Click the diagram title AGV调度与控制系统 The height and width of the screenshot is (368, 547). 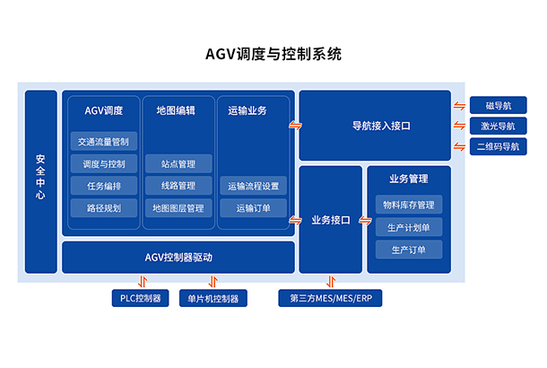(x=273, y=54)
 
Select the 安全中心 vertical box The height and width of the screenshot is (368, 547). (x=40, y=181)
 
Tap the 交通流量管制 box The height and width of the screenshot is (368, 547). (x=104, y=141)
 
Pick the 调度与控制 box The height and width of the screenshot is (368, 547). (x=104, y=163)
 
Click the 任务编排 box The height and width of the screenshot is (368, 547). (x=104, y=186)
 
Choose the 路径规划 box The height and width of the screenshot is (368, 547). (x=104, y=208)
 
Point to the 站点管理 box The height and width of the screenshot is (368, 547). (x=178, y=163)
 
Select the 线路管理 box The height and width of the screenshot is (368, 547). (x=178, y=186)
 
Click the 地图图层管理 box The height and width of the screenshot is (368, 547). (x=178, y=208)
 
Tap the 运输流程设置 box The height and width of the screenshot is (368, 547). (x=254, y=186)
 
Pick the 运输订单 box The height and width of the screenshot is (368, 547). (x=254, y=208)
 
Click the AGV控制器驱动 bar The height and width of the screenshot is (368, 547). (x=178, y=258)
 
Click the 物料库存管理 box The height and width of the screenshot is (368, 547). (x=408, y=205)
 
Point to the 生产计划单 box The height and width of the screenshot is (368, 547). (x=408, y=227)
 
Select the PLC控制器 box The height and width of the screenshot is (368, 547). (x=139, y=298)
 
